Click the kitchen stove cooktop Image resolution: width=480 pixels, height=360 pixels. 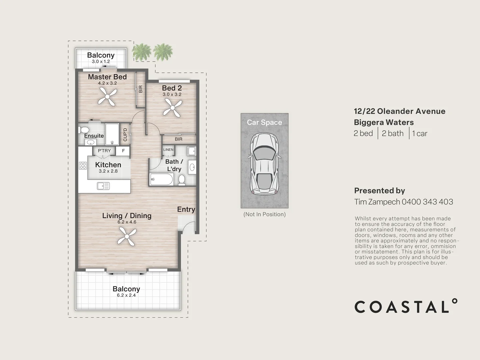click(x=83, y=165)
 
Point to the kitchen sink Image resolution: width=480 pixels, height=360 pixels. click(x=103, y=186)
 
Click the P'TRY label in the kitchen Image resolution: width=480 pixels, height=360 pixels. click(x=104, y=151)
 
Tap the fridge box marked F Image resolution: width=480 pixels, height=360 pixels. click(x=123, y=151)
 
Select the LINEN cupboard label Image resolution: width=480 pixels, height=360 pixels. click(x=168, y=150)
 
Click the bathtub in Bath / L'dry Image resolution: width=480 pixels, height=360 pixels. click(x=161, y=180)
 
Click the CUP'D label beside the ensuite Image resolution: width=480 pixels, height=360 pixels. click(x=125, y=134)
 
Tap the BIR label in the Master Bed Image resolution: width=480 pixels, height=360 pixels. click(x=141, y=89)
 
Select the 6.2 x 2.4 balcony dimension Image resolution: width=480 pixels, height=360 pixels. click(x=126, y=295)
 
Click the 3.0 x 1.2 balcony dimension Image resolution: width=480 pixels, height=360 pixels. click(x=101, y=62)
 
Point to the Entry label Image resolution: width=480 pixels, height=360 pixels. click(x=186, y=209)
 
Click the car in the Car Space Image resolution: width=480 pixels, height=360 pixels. click(x=265, y=164)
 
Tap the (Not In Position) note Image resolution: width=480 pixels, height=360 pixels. click(x=265, y=214)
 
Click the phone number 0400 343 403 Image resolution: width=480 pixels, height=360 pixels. click(x=427, y=202)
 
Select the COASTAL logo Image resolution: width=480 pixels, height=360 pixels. click(x=406, y=306)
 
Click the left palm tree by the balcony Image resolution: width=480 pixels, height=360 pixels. click(x=142, y=51)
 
